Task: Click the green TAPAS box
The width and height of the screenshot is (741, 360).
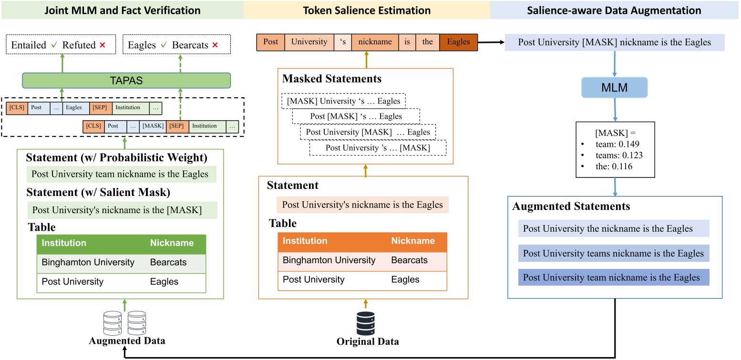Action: (x=126, y=80)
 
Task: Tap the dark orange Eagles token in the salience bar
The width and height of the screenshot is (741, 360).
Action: (x=458, y=42)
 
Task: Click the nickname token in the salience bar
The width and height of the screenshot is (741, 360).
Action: (x=375, y=42)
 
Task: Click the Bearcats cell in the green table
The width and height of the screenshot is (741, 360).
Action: (x=168, y=262)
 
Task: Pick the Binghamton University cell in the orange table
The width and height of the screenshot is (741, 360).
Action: (x=329, y=260)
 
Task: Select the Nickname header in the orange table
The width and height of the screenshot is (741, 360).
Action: (x=413, y=241)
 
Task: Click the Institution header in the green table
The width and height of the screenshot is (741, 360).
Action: (x=64, y=243)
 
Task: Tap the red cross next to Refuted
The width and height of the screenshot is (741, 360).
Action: (x=102, y=45)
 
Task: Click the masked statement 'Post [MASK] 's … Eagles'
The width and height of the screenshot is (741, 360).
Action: (x=356, y=116)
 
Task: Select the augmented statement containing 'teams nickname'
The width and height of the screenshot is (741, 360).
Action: (x=613, y=253)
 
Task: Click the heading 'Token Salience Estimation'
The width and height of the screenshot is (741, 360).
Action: (x=366, y=10)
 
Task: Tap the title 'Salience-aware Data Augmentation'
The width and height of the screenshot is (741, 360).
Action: (x=614, y=10)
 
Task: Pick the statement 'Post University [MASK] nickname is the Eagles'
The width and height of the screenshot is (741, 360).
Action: (x=614, y=42)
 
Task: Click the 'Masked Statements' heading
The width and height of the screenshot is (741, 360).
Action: (x=331, y=79)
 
